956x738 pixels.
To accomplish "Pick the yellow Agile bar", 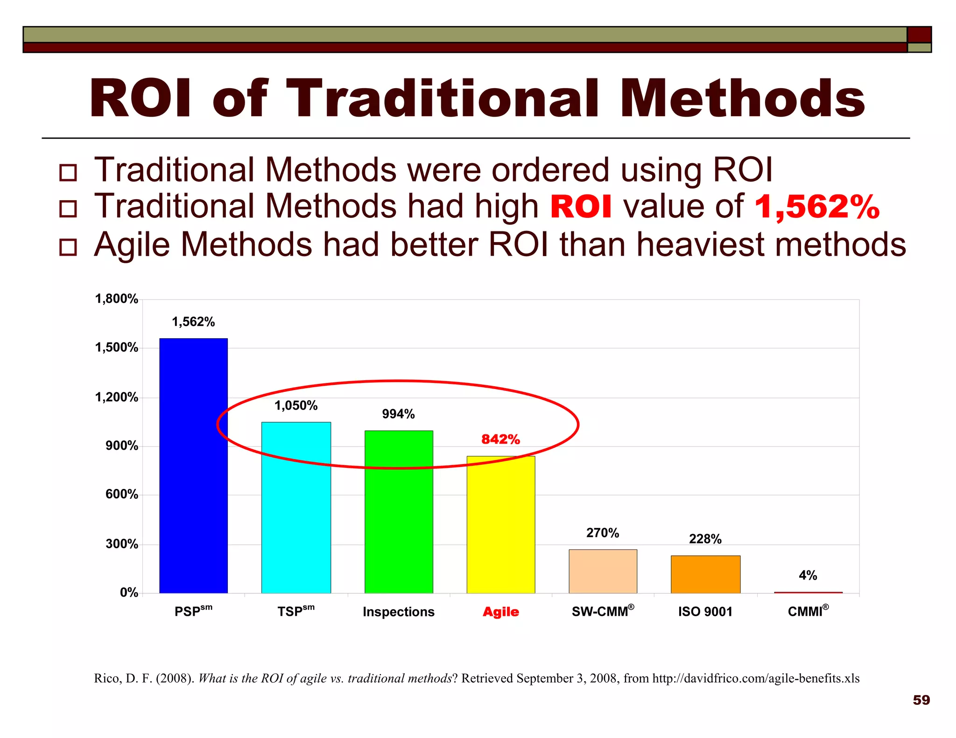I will [501, 524].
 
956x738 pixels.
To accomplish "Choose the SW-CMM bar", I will [603, 571].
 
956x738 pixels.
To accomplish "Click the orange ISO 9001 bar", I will [705, 574].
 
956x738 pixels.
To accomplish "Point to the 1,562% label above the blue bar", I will [193, 322].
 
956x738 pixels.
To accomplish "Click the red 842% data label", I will [500, 439].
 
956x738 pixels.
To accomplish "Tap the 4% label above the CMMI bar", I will [808, 575].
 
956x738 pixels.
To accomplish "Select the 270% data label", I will [603, 533].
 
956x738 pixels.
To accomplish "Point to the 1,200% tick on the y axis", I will [117, 397].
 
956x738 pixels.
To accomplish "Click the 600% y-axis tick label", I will [122, 494].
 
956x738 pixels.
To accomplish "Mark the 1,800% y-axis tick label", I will [117, 299].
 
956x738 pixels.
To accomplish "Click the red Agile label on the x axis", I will [500, 612].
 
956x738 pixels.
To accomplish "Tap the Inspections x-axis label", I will [399, 612].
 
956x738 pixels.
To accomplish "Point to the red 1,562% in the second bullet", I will [817, 207].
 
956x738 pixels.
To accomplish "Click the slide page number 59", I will [921, 700].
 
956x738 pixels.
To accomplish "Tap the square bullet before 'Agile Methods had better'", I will [68, 247].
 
